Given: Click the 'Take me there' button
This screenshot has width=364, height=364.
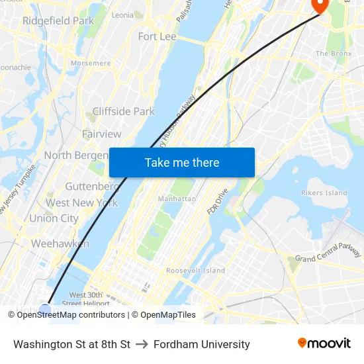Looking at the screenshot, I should coord(182,162).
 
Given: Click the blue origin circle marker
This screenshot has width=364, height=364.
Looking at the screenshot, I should coord(44,308).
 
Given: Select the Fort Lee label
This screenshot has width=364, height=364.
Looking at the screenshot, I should coord(157,36).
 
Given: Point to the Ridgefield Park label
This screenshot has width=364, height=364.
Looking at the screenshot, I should coord(58,21).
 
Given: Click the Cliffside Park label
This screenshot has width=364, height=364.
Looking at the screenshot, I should coord(123,111).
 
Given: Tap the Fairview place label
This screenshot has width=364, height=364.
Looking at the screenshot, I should coord(101,134).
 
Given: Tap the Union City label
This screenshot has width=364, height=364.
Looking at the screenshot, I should coord(54,218).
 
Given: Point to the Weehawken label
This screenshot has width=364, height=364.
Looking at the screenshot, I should coord(60,244).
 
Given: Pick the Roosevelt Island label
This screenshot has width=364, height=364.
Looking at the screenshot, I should coord(195,271).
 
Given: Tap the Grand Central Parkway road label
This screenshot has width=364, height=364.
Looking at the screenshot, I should coord(328,252).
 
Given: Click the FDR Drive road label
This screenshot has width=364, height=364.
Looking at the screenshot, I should coord(218,200).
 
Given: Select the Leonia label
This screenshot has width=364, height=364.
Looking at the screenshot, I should coord(122,15).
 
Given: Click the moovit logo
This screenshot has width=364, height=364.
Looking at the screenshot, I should coord(324,343).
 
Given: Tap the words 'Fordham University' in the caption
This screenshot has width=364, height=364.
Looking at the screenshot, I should coord(202,344).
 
